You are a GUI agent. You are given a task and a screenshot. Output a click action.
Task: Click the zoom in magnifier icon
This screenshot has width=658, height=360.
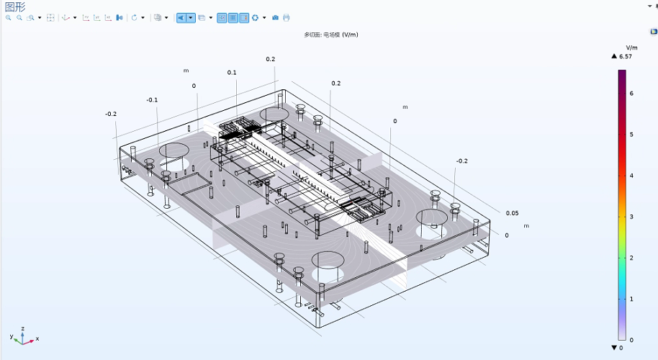[x=9, y=17]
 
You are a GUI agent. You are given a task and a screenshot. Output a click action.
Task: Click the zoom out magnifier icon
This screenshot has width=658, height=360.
[x=19, y=17]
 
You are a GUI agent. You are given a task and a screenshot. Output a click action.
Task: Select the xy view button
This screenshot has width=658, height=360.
[x=86, y=17]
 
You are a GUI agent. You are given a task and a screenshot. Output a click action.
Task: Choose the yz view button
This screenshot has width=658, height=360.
[x=97, y=17]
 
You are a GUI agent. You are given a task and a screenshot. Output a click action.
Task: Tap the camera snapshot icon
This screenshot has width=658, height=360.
[x=275, y=17]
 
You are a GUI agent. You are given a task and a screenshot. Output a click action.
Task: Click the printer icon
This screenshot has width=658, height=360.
[x=287, y=17]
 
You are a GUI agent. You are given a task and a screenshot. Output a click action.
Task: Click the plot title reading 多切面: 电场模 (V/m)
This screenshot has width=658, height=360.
[x=331, y=35]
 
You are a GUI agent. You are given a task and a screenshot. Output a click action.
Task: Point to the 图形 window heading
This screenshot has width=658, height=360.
[x=15, y=6]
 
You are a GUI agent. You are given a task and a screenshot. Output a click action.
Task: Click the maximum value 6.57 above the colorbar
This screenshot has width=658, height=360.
[x=626, y=56]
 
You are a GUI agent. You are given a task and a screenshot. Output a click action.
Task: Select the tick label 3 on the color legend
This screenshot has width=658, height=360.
[x=631, y=217]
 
